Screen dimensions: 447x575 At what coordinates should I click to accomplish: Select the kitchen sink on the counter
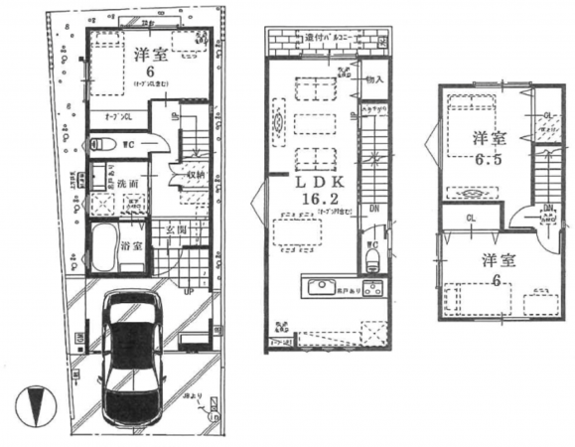tap(324, 289)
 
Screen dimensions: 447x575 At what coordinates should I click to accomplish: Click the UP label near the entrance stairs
tap(187, 292)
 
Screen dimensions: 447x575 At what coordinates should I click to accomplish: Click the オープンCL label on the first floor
tap(119, 117)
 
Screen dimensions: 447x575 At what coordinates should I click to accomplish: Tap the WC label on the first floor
tap(128, 146)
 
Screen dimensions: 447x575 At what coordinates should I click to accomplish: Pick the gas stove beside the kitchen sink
tap(372, 290)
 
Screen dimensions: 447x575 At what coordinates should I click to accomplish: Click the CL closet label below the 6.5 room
tap(469, 219)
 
